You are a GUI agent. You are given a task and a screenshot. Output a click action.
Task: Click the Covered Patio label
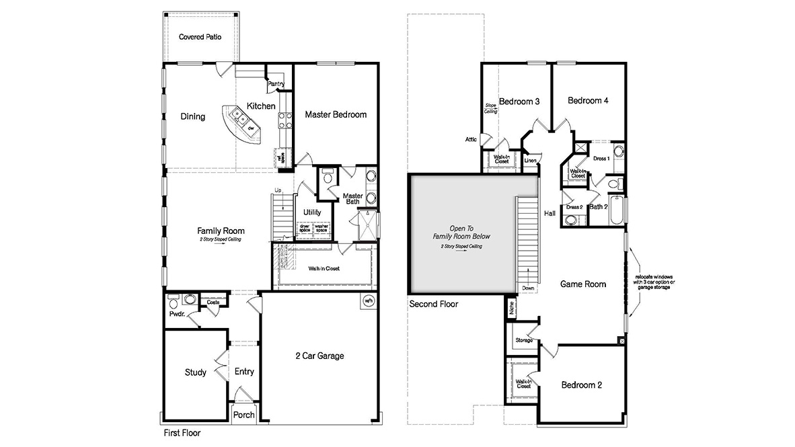point(200,37)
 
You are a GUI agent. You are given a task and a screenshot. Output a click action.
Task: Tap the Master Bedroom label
point(336,114)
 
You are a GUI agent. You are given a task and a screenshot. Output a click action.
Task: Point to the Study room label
point(196,372)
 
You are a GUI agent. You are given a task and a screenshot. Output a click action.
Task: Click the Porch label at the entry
point(243,415)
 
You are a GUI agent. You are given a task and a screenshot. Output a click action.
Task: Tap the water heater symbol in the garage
point(368,300)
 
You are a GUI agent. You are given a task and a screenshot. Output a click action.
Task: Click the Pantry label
point(276,84)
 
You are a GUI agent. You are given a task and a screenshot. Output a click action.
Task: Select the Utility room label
point(312,212)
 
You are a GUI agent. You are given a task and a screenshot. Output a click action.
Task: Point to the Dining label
point(192,117)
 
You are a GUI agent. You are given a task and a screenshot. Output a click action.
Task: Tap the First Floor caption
point(182,434)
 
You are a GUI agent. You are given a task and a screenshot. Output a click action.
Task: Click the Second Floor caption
point(434,304)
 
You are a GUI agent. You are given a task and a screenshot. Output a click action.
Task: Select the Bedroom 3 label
point(519,101)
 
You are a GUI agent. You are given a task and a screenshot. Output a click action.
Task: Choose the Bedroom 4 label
point(588,101)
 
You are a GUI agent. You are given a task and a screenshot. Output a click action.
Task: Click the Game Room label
point(583,284)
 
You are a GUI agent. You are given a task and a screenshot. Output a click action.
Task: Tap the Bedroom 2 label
point(582,385)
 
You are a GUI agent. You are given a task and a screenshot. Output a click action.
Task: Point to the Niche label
point(512,309)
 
